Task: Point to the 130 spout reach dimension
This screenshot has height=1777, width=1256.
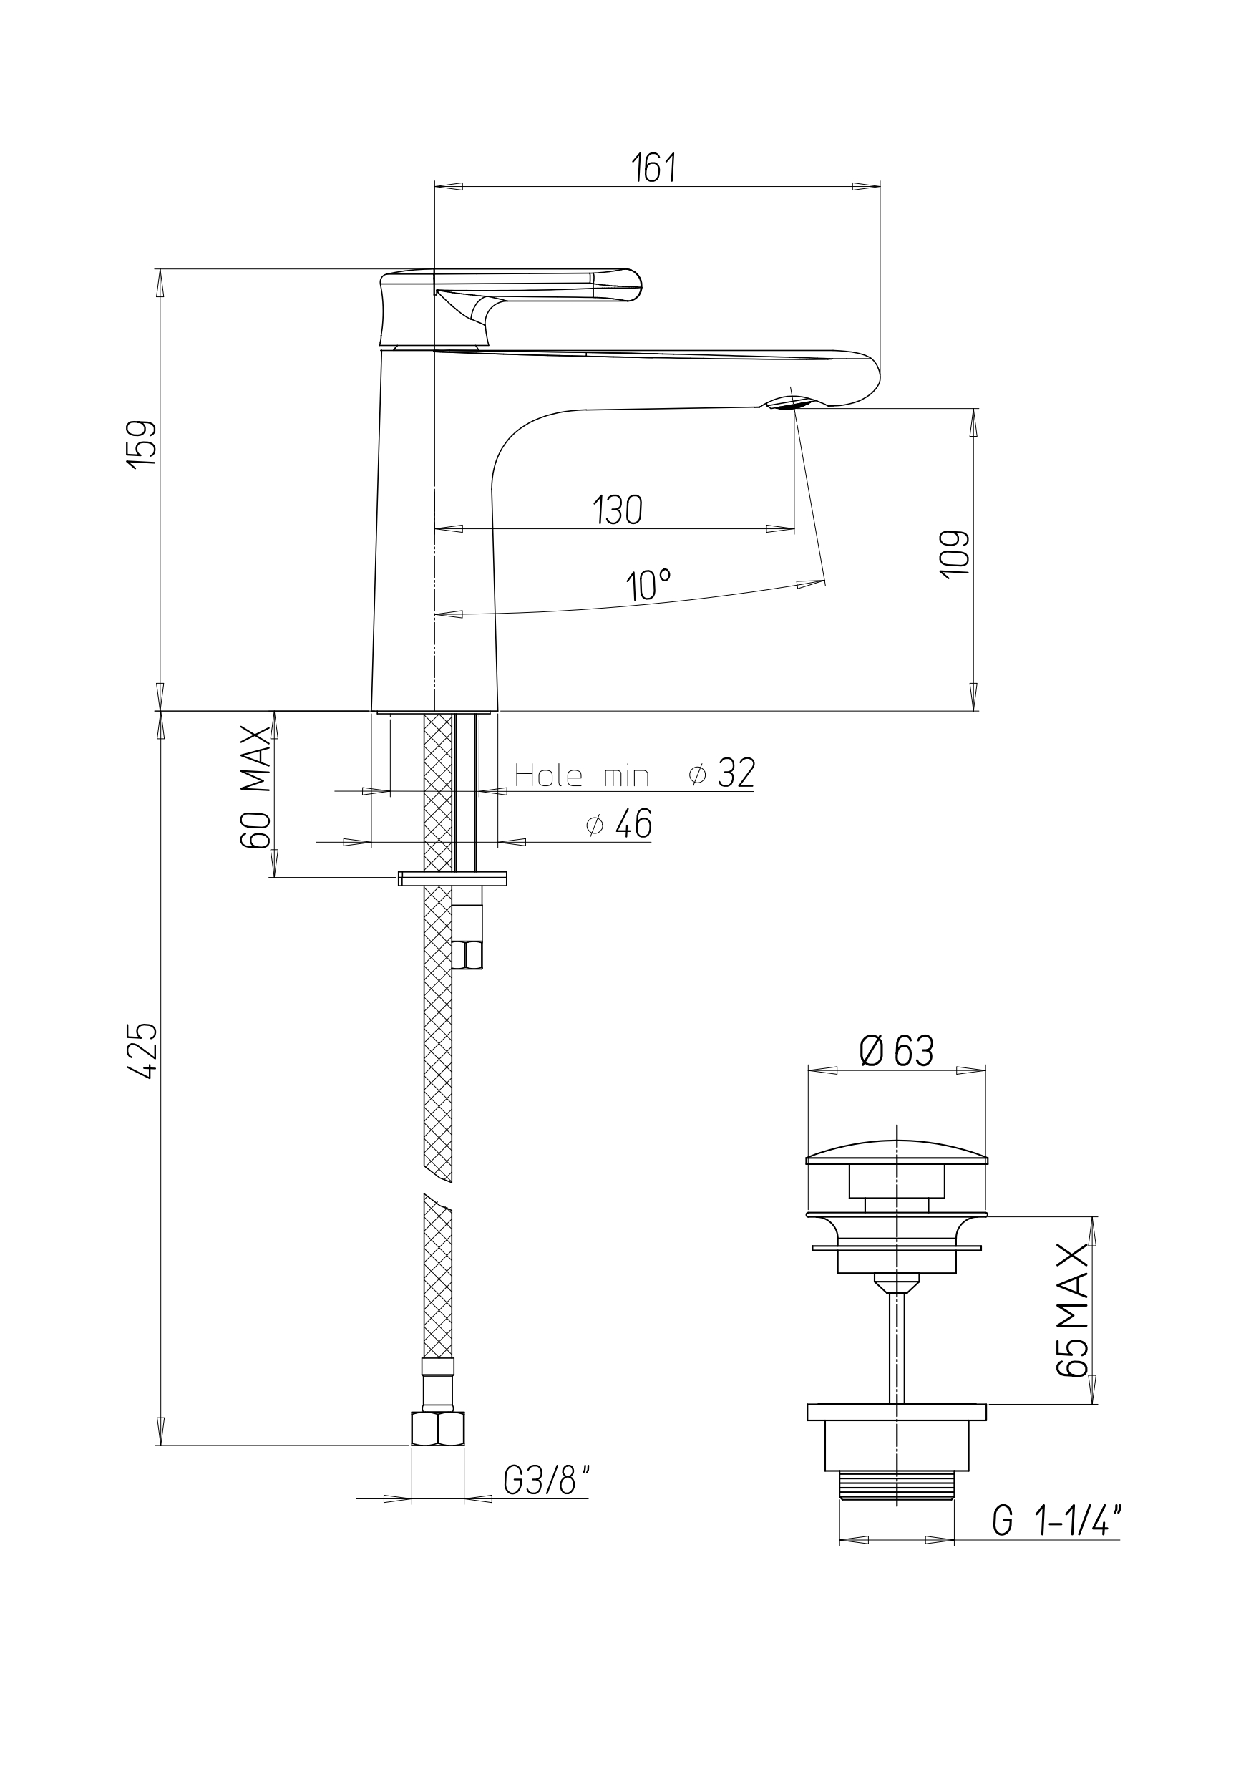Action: (x=618, y=510)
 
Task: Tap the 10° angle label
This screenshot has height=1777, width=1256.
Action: (x=648, y=585)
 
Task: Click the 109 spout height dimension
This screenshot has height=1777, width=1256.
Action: (x=954, y=553)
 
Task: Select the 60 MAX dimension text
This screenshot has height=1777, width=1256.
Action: (x=256, y=787)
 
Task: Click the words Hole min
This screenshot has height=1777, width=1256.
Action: (x=581, y=775)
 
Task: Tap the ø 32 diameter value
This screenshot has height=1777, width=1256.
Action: (x=721, y=773)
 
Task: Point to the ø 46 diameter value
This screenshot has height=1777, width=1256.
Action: (x=619, y=824)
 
